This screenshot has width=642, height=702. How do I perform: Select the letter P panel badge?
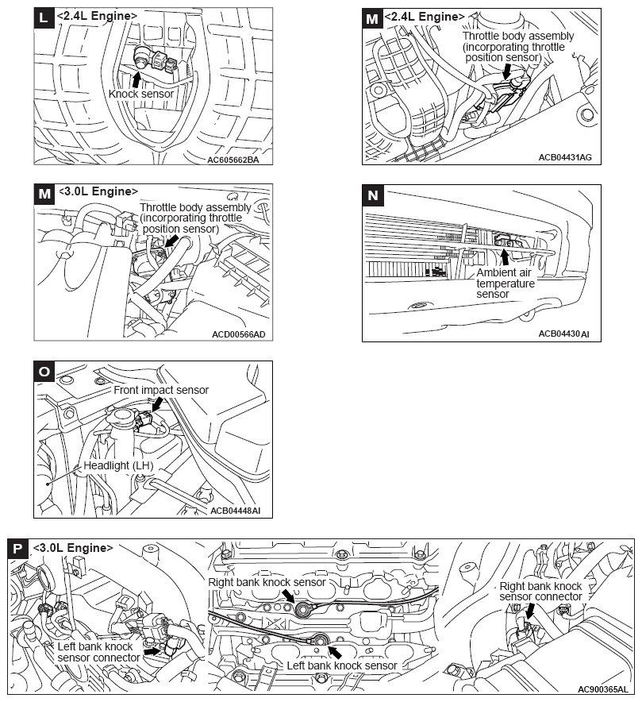18,548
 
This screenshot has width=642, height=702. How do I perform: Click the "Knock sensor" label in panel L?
140,94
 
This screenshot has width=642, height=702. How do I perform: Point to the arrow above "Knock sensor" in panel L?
136,79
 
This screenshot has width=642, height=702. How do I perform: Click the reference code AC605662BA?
233,159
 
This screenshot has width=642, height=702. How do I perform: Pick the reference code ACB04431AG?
564,158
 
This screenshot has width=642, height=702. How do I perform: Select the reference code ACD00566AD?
238,334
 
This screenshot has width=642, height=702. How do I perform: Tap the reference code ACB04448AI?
236,511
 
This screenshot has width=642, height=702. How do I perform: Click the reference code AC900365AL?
602,689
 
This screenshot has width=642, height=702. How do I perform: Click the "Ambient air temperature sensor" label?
506,283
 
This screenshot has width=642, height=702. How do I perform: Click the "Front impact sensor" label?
161,390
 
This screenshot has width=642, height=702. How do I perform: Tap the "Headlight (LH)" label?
120,465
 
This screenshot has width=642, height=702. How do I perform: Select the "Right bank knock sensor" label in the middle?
267,582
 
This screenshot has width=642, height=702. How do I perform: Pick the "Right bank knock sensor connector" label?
540,592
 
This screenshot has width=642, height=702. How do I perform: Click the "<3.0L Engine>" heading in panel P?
73,548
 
